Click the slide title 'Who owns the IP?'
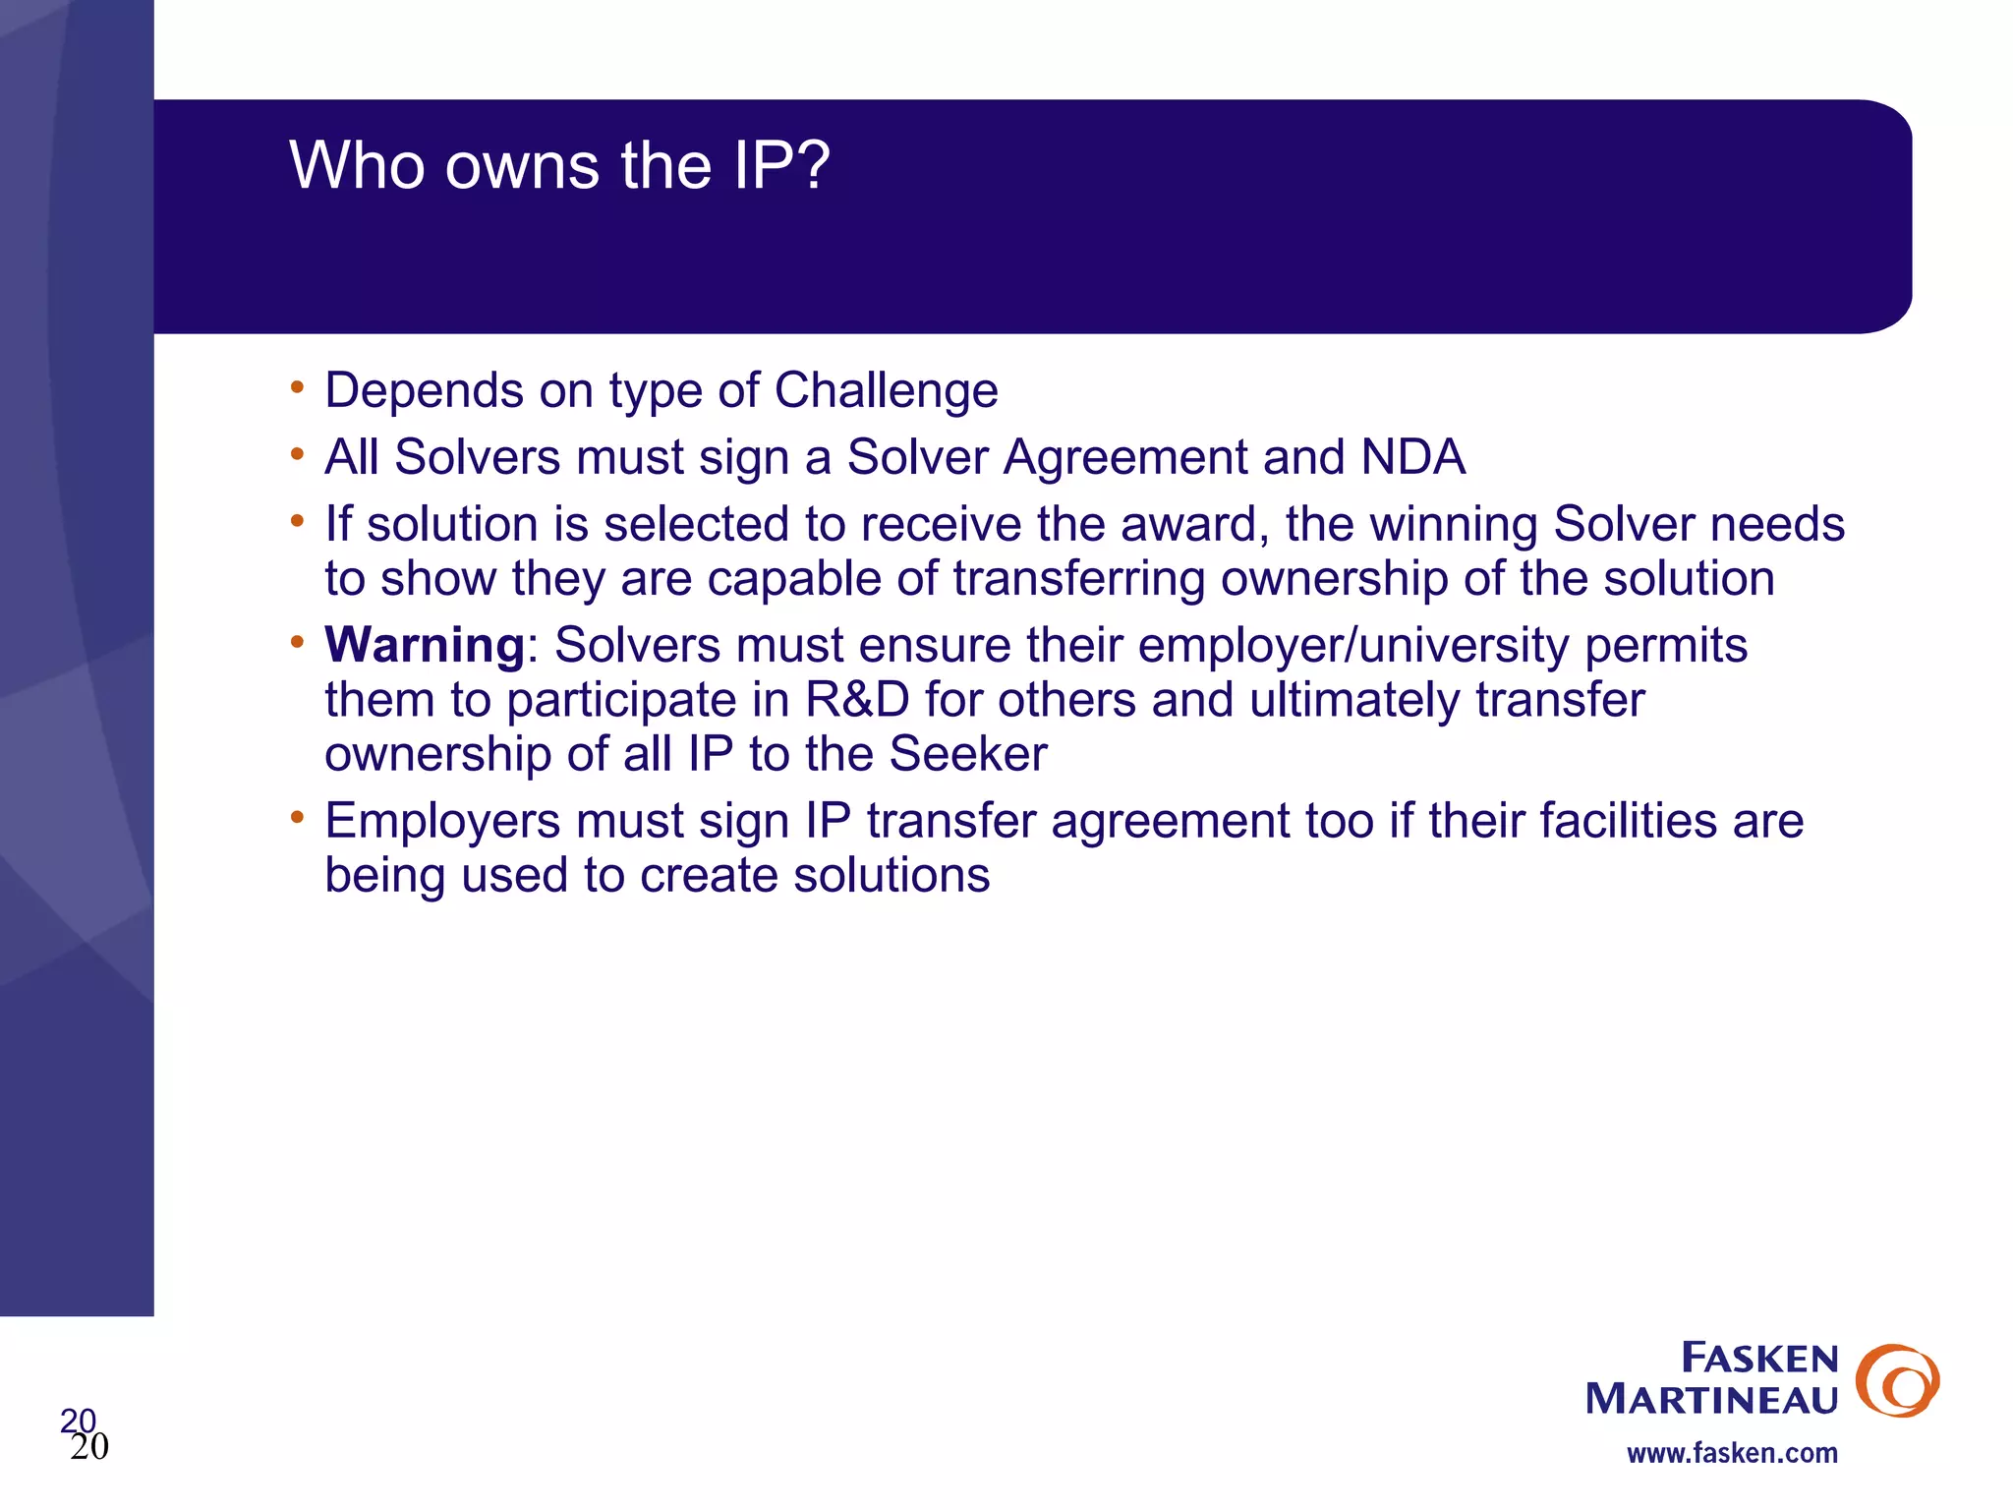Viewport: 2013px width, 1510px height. click(x=559, y=165)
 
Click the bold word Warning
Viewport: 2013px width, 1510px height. click(x=425, y=646)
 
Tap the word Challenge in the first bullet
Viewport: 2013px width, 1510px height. click(x=886, y=391)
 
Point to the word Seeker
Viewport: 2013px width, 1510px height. click(x=967, y=755)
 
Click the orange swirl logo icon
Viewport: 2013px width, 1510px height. click(x=1897, y=1380)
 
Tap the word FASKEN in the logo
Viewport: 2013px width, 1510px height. click(x=1758, y=1359)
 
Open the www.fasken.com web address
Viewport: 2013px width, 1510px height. click(x=1731, y=1453)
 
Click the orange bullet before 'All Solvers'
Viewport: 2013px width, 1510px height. click(x=297, y=453)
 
